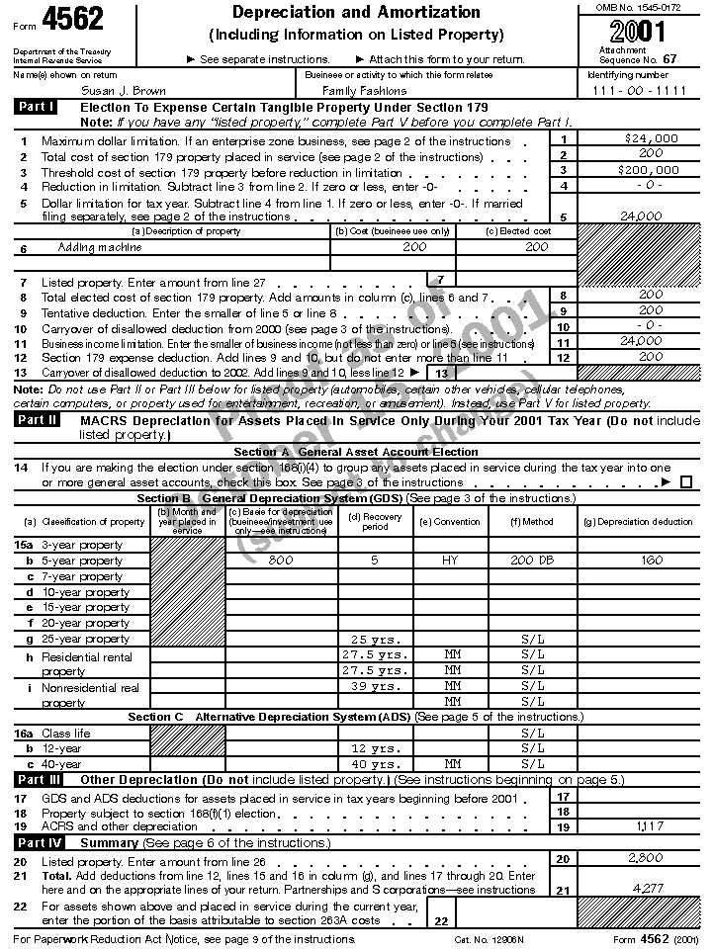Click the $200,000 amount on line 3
(x=651, y=170)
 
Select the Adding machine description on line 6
(x=100, y=247)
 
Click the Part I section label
(x=36, y=107)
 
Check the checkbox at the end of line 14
(x=686, y=482)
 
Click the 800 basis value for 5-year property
(x=281, y=561)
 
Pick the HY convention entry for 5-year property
(x=450, y=561)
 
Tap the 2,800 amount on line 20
(x=646, y=859)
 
